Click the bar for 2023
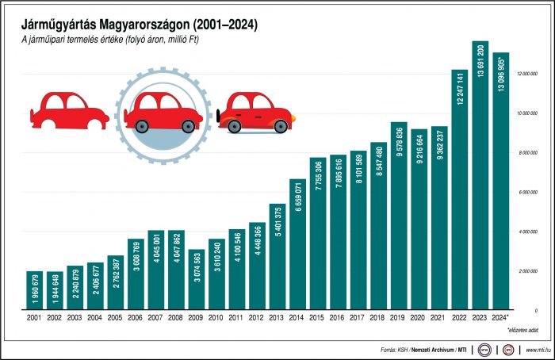480,175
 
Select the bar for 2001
35,290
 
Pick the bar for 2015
318,233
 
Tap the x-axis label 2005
116,317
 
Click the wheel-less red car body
71,110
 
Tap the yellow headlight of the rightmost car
292,119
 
